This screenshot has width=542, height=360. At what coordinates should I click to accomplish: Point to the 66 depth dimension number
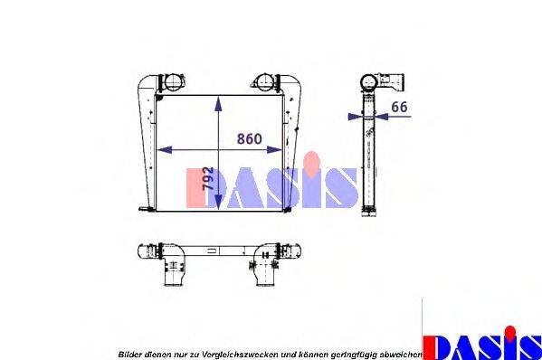coord(399,107)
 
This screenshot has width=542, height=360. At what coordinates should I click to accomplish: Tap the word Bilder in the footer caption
coord(128,352)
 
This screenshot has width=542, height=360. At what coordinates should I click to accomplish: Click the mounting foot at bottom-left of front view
coord(143,211)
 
